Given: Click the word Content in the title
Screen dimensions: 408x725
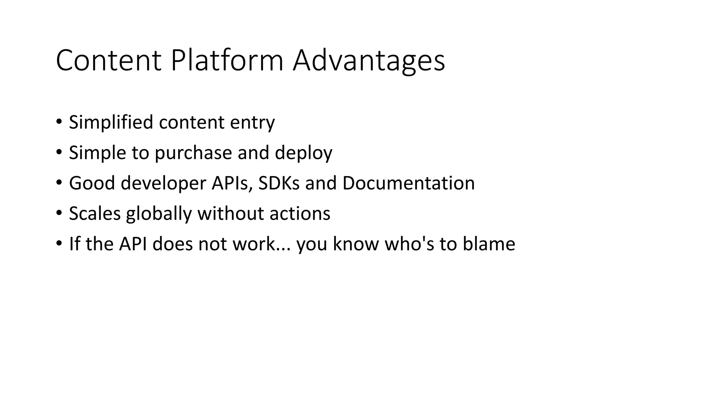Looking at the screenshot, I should [108, 61].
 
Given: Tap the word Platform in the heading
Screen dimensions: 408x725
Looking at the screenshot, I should [227, 61].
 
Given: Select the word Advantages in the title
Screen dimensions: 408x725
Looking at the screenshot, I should [369, 61].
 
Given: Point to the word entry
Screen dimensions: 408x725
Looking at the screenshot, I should [252, 123].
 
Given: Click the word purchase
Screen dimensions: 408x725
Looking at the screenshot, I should [193, 153].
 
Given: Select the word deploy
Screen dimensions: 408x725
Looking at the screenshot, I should [303, 153].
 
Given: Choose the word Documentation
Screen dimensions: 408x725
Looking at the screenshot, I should [408, 183].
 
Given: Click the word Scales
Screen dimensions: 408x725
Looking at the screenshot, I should [95, 214].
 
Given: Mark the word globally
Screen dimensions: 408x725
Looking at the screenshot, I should [159, 214].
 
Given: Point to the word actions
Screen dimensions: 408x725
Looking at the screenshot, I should [299, 214].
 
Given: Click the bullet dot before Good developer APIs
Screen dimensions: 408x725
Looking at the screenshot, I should [59, 183].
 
